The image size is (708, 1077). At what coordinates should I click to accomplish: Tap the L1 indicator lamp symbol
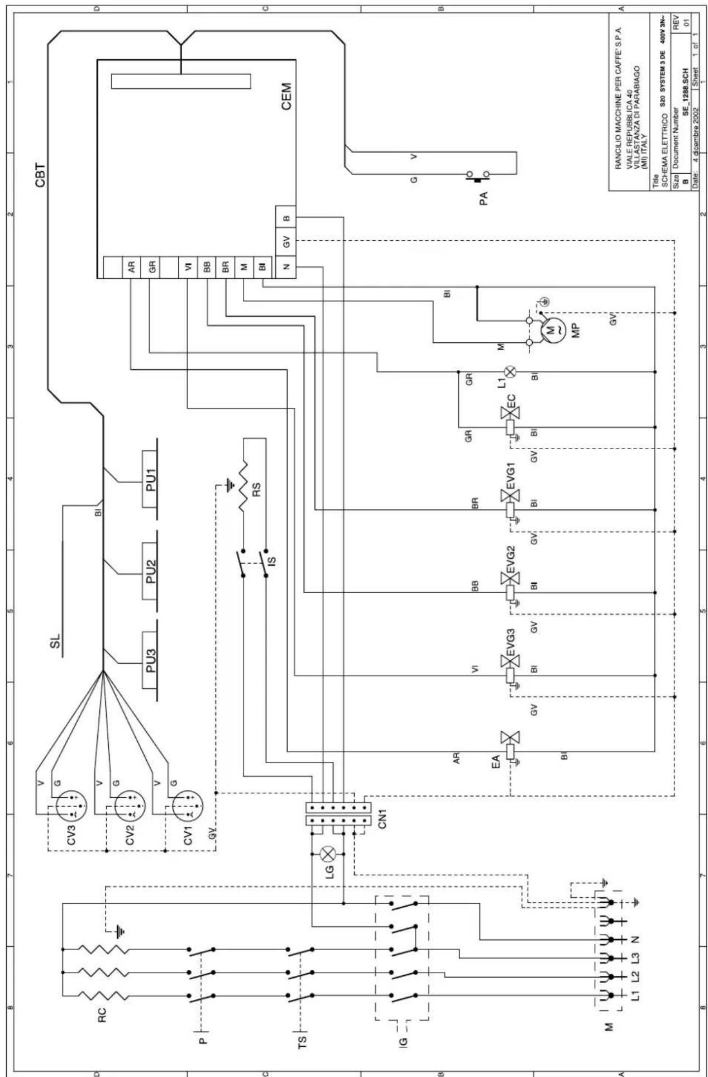pos(510,372)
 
